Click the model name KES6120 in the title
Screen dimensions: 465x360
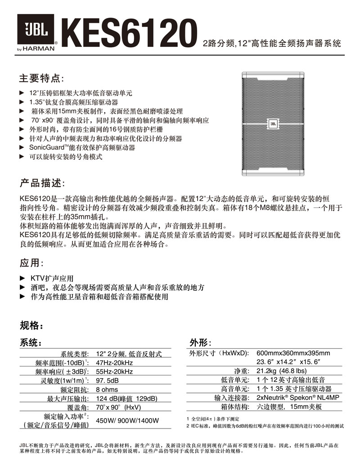click(130, 32)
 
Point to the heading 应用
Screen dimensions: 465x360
click(31, 263)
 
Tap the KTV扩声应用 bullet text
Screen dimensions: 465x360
click(51, 278)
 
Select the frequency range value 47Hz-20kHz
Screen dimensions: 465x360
click(115, 363)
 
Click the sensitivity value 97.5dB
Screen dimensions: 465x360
click(108, 380)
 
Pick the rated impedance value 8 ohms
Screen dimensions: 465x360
click(107, 389)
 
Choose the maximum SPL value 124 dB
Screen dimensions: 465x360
click(126, 398)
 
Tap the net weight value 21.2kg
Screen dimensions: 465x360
click(281, 371)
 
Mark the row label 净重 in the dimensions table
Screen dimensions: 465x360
click(241, 371)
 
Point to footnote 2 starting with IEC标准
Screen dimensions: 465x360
click(265, 425)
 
